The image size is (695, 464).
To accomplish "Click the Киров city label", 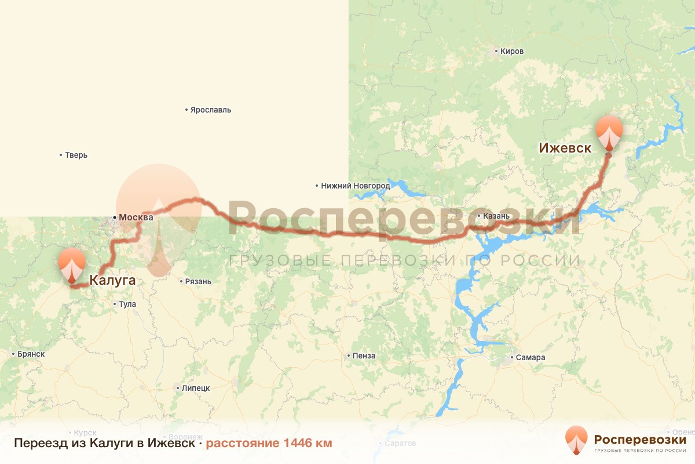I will pyautogui.click(x=511, y=52).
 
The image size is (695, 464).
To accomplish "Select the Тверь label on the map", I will pyautogui.click(x=76, y=155).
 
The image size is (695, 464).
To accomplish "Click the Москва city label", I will pyautogui.click(x=136, y=217).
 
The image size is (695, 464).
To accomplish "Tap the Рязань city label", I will pyautogui.click(x=197, y=282).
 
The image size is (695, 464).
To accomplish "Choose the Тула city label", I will pyautogui.click(x=127, y=304).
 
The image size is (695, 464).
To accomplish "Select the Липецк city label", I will pyautogui.click(x=196, y=388).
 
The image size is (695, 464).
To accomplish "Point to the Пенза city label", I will pyautogui.click(x=363, y=356).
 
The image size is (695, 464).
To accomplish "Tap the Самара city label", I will pyautogui.click(x=531, y=357).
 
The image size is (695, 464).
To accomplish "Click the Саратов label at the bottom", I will pyautogui.click(x=400, y=444).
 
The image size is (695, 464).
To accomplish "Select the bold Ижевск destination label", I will pyautogui.click(x=565, y=148).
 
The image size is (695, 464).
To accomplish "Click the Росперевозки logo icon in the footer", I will pyautogui.click(x=576, y=440).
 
